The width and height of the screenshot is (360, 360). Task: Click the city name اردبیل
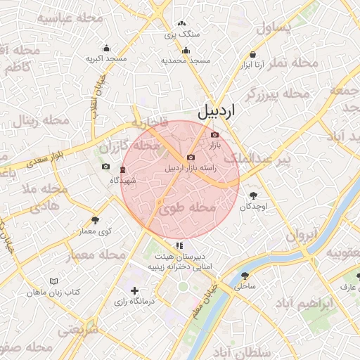pyautogui.click(x=216, y=111)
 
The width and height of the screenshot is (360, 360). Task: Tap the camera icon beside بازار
pyautogui.click(x=214, y=134)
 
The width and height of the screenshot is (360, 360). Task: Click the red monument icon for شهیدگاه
pyautogui.click(x=123, y=169)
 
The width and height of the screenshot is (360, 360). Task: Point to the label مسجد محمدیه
pyautogui.click(x=186, y=61)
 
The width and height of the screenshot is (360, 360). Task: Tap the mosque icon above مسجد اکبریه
pyautogui.click(x=106, y=49)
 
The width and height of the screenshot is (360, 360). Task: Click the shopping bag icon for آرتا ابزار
pyautogui.click(x=252, y=54)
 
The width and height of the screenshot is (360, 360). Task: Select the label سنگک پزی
pyautogui.click(x=182, y=33)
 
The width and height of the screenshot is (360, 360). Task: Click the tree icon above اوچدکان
pyautogui.click(x=253, y=196)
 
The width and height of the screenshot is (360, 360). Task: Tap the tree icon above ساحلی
pyautogui.click(x=245, y=276)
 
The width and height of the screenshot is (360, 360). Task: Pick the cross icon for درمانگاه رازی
pyautogui.click(x=134, y=290)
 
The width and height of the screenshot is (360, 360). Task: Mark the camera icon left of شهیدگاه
pyautogui.click(x=105, y=167)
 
